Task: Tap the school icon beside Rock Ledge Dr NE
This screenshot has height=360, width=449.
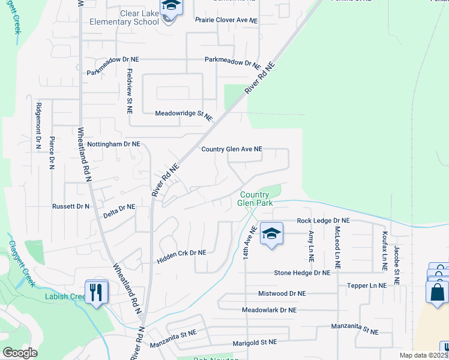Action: [x=271, y=233]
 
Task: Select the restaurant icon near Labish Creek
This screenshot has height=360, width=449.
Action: [x=97, y=292]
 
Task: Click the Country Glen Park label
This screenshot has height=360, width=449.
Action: [x=256, y=199]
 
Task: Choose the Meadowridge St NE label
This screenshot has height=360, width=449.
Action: [x=184, y=114]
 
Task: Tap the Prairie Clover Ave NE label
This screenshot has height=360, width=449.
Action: [x=226, y=20]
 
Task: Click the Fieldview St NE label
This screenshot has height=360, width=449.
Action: [x=129, y=91]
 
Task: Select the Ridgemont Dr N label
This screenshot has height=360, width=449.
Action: [x=38, y=125]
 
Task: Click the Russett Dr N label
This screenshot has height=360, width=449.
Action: [x=70, y=206]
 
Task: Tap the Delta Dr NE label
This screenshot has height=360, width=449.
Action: [x=119, y=207]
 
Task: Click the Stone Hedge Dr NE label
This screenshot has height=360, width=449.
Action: [x=302, y=272]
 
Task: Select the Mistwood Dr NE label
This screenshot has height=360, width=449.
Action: [x=282, y=294]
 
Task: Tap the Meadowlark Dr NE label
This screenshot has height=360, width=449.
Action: [x=269, y=310]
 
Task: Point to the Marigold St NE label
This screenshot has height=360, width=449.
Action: [x=255, y=342]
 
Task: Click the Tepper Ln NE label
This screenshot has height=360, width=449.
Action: [x=369, y=286]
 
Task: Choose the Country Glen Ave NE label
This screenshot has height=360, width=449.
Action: [x=232, y=149]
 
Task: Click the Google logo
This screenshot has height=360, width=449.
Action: [x=20, y=353]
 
